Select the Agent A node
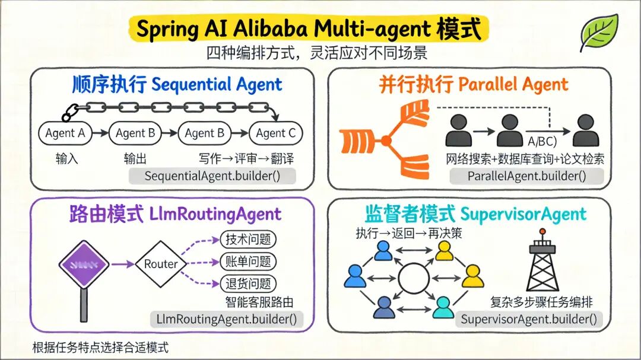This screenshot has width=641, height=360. point(65,133)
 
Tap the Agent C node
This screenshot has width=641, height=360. point(275,133)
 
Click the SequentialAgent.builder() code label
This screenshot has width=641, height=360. point(212,176)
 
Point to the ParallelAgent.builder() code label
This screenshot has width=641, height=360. point(526,176)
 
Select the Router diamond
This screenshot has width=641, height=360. point(161,264)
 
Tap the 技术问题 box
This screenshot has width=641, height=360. point(248,240)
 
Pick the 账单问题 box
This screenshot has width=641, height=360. point(248,262)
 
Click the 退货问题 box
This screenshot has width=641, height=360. point(248,283)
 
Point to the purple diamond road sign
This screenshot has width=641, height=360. point(84,265)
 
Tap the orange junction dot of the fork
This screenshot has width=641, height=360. point(386,141)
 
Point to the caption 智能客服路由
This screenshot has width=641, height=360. point(259,301)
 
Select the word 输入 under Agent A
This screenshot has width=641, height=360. point(67,159)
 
